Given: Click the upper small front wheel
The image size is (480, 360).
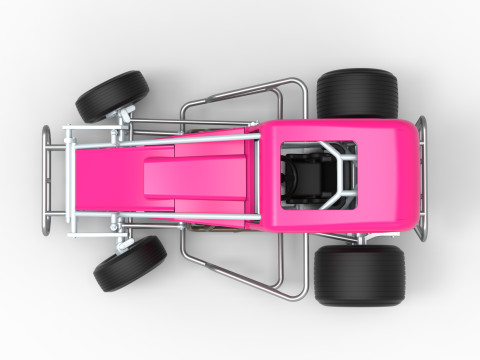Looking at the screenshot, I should tap(112, 95).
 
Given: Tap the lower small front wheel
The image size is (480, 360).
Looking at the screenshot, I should tap(130, 263).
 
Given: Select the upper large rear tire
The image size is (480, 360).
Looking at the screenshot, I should tap(357, 94).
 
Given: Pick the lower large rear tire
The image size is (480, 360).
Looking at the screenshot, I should tap(359, 274).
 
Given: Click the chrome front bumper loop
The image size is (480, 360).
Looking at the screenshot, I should tap(46, 180).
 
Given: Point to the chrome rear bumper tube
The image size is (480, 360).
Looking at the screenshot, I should tap(421, 180).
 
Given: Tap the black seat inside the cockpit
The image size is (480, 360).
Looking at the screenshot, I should tap(305, 180).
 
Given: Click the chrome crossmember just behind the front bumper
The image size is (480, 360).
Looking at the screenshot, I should tap(69, 180).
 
